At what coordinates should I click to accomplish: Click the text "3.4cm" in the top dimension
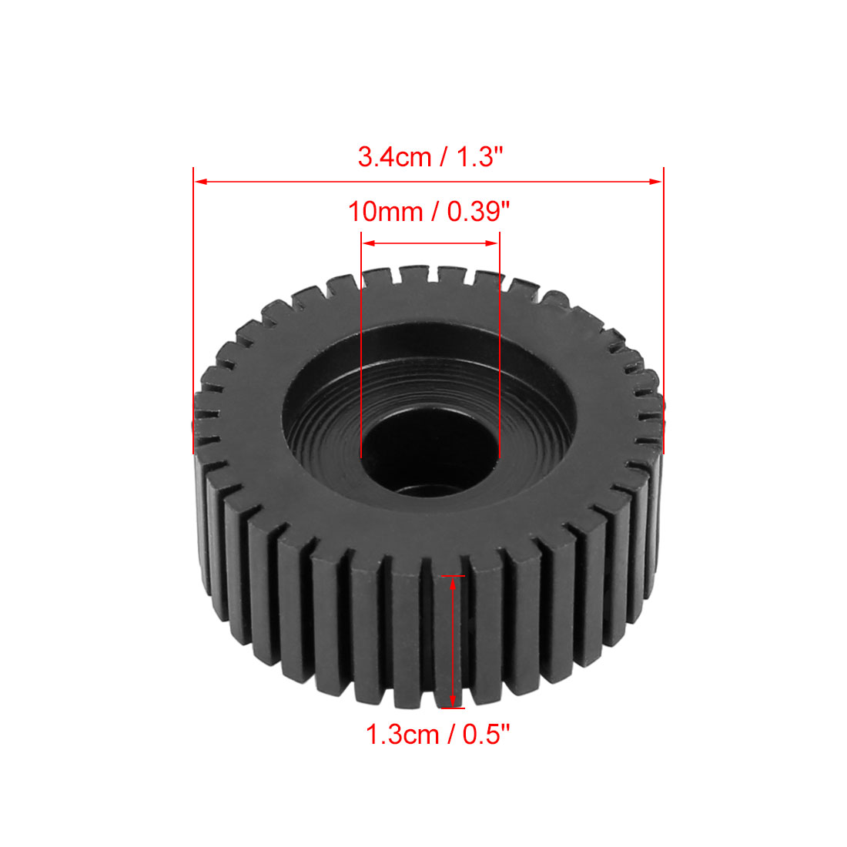[x=394, y=157]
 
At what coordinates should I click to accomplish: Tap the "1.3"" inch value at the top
[x=480, y=157]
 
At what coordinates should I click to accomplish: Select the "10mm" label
[x=385, y=212]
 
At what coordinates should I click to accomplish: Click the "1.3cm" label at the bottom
[x=402, y=735]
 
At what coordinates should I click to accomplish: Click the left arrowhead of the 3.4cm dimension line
[x=200, y=182]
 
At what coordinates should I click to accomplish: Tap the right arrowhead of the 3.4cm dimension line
[x=655, y=182]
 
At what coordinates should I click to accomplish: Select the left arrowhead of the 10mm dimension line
[x=368, y=243]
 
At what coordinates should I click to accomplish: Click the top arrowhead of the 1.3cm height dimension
[x=453, y=583]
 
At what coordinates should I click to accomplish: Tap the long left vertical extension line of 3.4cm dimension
[x=193, y=308]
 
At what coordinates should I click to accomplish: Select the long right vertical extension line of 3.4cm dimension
[x=663, y=308]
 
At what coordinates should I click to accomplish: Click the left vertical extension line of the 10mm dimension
[x=361, y=346]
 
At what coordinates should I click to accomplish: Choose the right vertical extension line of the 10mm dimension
[x=500, y=346]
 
